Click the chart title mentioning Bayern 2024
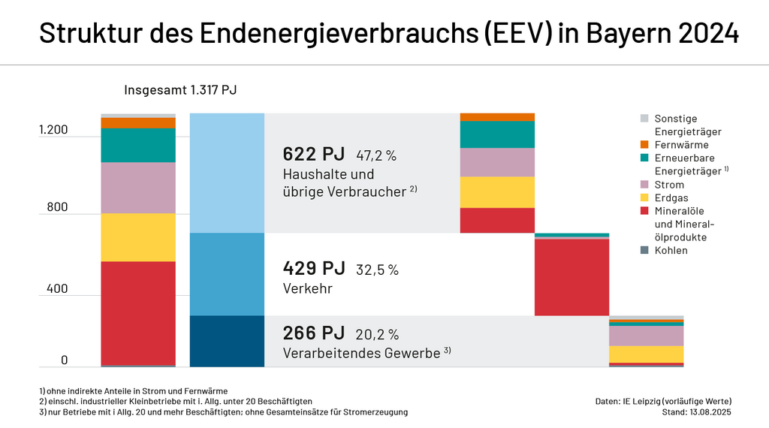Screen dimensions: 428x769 [384, 34]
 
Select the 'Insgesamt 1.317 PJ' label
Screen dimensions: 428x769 [180, 91]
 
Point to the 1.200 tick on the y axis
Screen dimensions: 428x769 [53, 130]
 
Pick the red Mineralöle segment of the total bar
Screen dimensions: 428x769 [138, 312]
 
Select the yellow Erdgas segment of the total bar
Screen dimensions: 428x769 [138, 237]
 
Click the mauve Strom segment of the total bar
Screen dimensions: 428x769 [138, 188]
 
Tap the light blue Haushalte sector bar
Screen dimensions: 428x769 [227, 173]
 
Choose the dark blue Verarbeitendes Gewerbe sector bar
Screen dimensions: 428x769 [227, 341]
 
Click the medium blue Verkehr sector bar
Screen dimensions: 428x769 [227, 274]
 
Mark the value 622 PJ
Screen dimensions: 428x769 [313, 155]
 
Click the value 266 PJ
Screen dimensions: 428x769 [313, 333]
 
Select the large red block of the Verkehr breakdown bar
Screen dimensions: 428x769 [571, 277]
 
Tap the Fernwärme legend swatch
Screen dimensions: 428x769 [644, 145]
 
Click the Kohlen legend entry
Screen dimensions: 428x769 [671, 250]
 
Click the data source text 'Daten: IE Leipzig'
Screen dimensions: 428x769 [662, 401]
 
